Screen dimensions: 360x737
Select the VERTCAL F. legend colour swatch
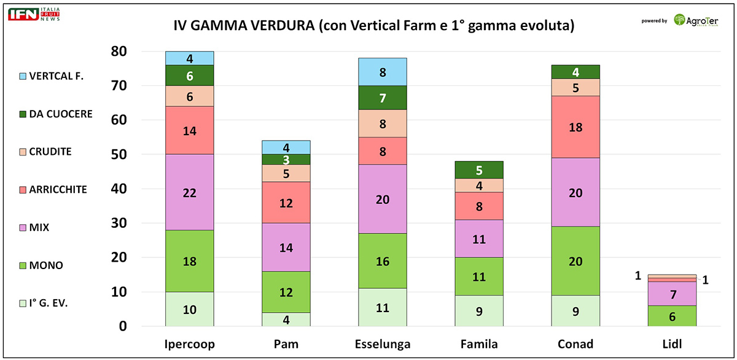tap(23, 76)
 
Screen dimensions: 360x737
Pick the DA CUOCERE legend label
tap(60, 114)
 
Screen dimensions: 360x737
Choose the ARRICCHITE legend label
tap(58, 190)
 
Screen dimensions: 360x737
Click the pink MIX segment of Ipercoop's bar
tap(190, 192)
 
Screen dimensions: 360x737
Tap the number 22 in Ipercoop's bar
tap(190, 192)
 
